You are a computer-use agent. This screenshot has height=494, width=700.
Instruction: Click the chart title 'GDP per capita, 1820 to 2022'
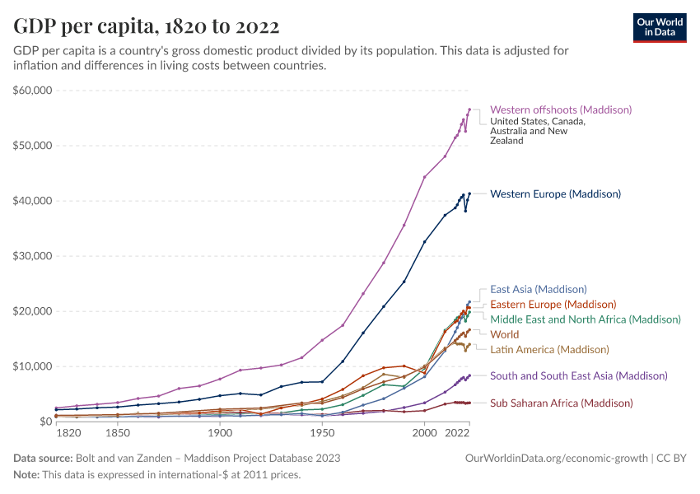(146, 27)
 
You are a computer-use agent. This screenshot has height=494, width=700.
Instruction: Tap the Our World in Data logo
(659, 26)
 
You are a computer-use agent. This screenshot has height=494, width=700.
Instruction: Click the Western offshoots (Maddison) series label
(560, 110)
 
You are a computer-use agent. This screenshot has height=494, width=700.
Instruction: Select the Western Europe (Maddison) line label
(555, 194)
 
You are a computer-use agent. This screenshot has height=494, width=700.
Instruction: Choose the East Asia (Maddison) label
(538, 289)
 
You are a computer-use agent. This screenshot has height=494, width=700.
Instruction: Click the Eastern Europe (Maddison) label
(548, 304)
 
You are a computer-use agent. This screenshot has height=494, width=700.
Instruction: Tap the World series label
(504, 334)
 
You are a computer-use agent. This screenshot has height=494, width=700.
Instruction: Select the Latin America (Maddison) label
(549, 349)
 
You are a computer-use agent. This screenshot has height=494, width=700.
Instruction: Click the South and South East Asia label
(578, 375)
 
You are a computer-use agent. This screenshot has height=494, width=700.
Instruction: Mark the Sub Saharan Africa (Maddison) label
(561, 403)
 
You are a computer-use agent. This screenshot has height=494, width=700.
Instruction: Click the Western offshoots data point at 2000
(424, 177)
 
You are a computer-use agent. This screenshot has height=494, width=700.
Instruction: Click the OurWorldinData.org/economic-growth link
(557, 458)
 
